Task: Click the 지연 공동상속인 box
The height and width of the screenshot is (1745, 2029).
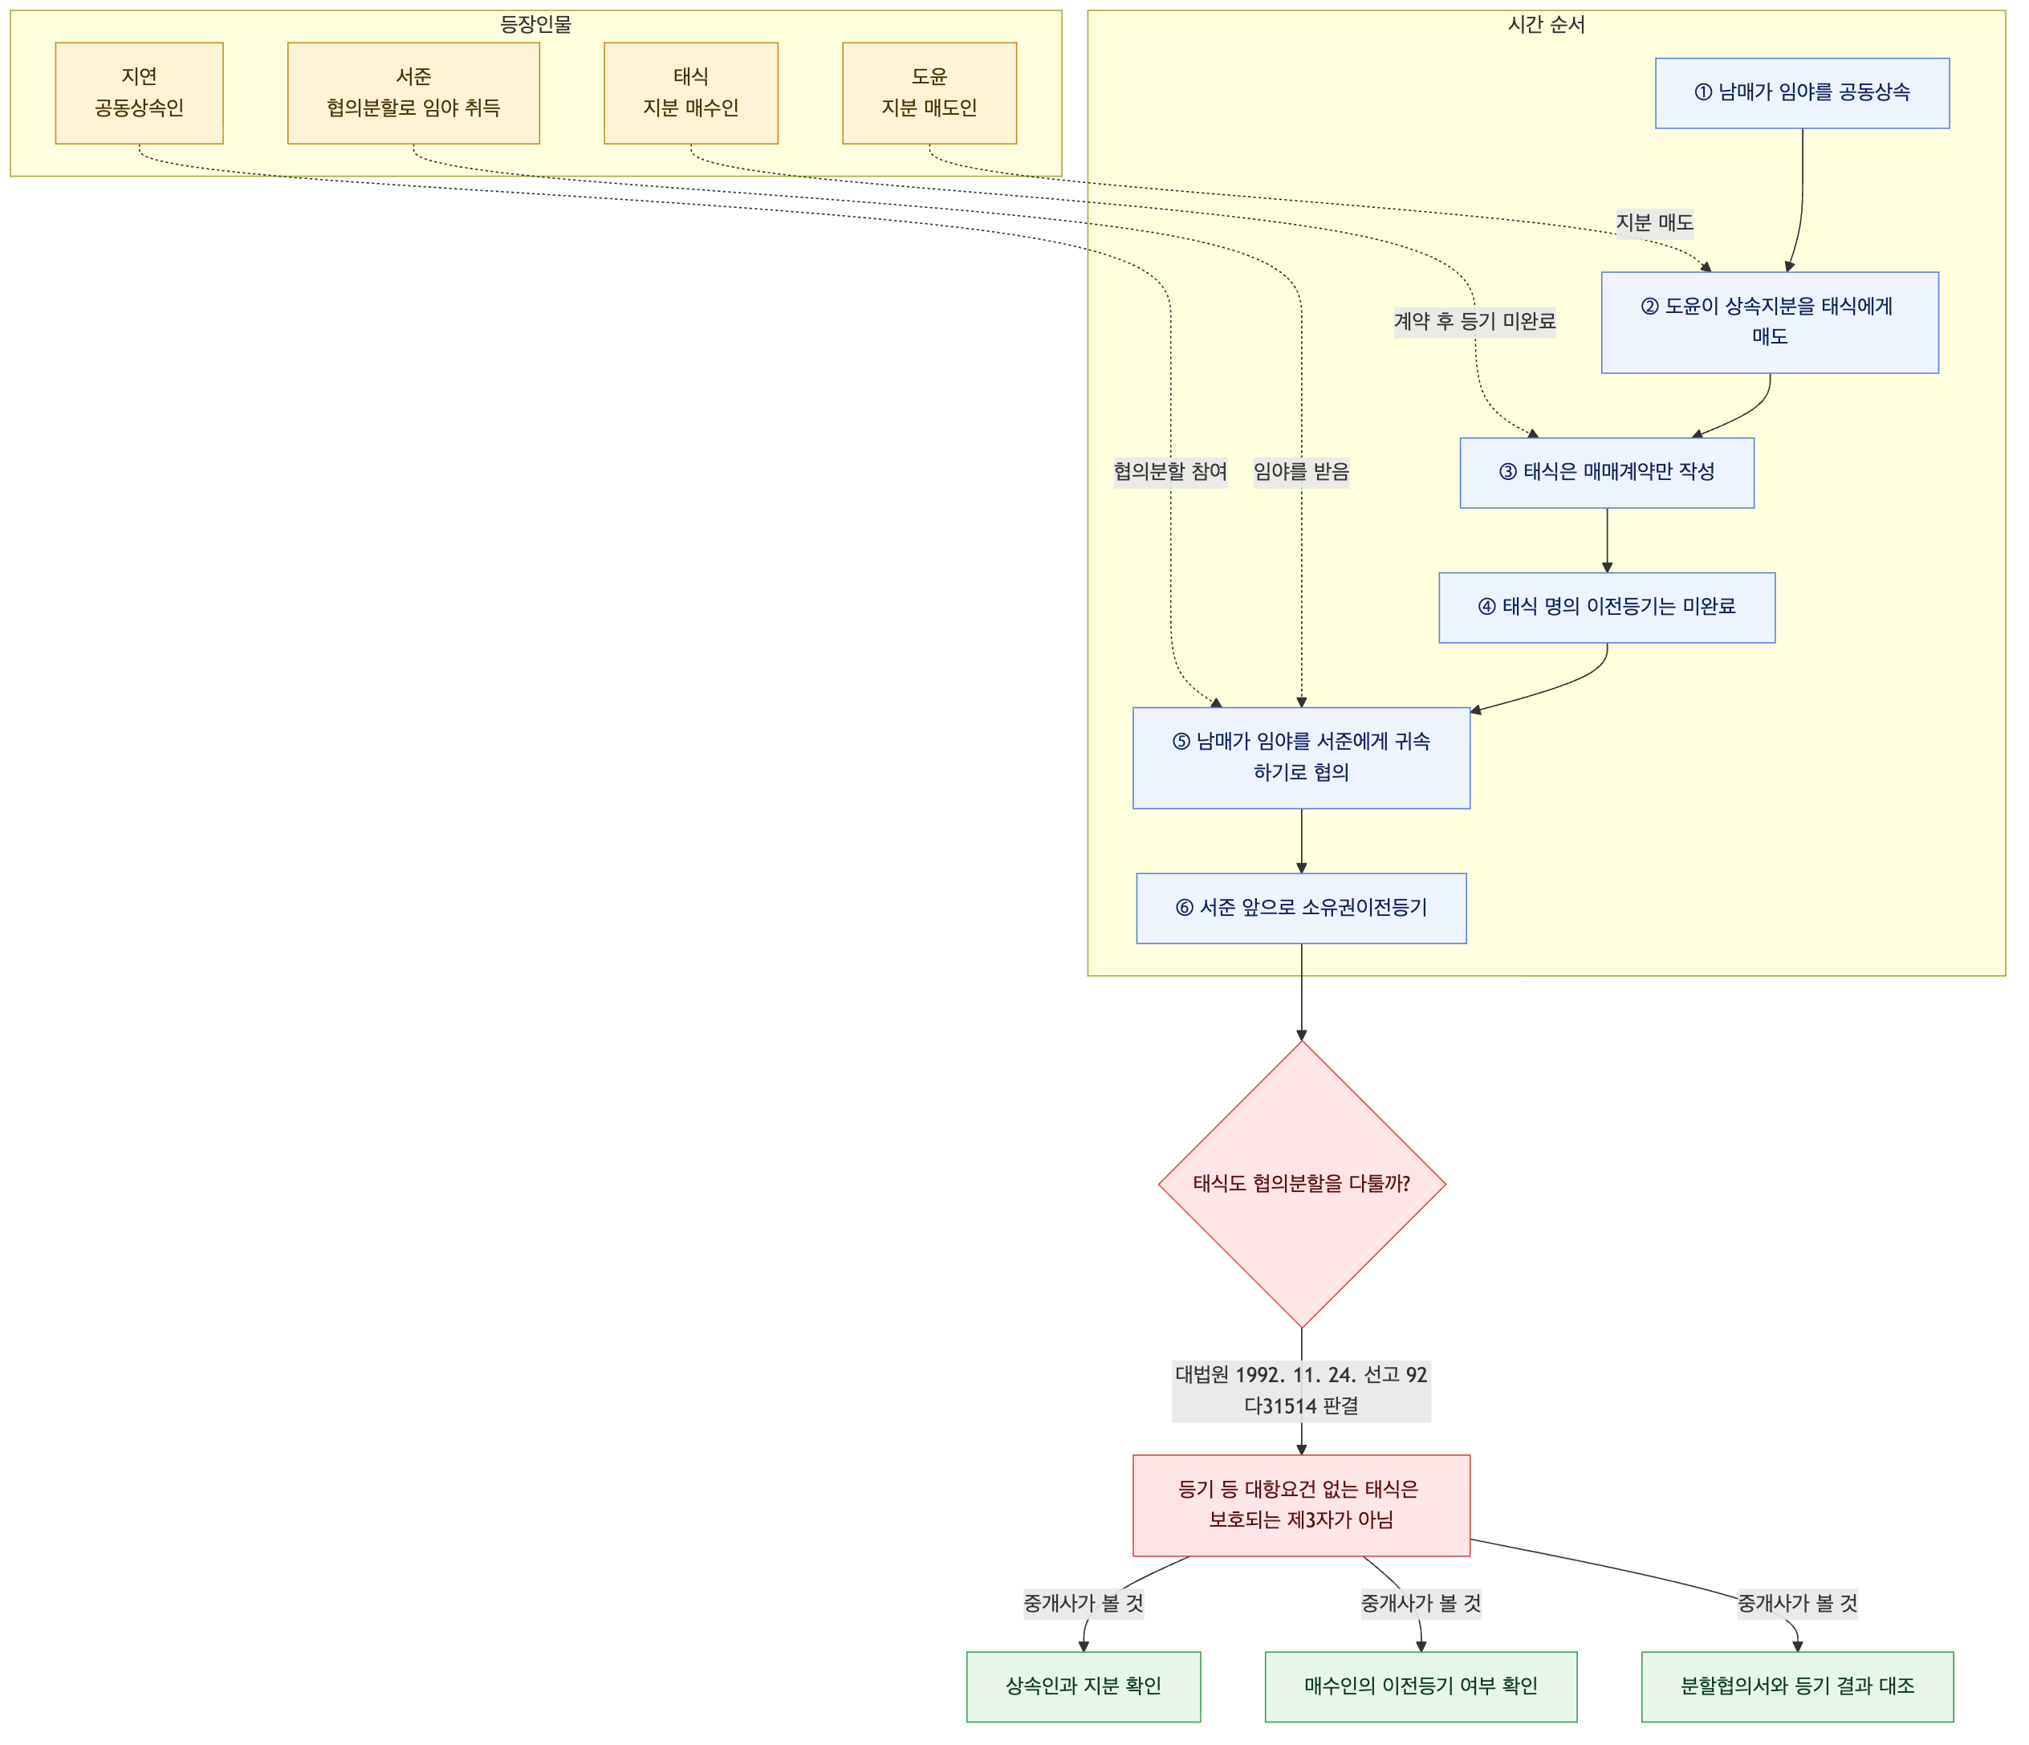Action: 139,93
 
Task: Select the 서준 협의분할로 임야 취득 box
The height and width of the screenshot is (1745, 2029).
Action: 413,93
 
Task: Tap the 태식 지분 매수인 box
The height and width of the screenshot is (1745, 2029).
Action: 690,93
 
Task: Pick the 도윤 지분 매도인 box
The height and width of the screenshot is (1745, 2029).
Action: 929,93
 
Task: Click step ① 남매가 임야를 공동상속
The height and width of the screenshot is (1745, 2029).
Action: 1802,93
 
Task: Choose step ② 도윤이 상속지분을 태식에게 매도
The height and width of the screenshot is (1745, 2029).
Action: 1770,322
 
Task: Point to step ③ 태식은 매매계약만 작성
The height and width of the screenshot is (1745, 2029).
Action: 1607,473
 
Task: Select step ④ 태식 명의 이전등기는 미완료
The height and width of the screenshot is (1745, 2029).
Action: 1607,607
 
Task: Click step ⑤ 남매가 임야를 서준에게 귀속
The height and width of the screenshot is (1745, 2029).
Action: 1301,758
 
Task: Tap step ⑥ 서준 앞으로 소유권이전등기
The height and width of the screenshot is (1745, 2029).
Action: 1301,908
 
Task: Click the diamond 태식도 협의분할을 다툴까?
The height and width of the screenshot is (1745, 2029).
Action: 1301,1184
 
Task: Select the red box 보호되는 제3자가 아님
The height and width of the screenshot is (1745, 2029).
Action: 1301,1505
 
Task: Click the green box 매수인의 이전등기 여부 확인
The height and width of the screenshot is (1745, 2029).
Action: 1421,1686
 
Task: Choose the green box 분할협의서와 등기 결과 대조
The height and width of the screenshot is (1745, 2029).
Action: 1798,1686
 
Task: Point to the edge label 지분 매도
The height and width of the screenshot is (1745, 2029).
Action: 1654,223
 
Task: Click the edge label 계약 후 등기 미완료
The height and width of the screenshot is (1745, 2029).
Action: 1474,322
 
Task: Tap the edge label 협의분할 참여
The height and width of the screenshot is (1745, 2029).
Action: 1170,472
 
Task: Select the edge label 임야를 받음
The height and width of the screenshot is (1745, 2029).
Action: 1301,472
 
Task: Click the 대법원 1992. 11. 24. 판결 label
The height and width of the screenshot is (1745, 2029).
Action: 1301,1390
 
